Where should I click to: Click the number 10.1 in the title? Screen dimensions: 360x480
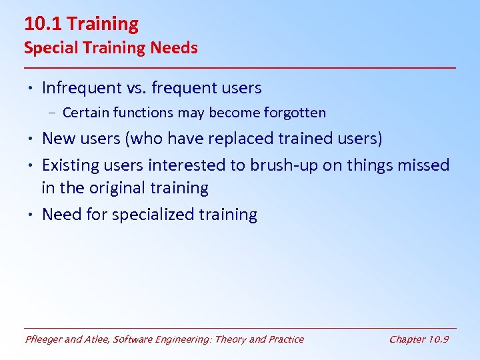[43, 25]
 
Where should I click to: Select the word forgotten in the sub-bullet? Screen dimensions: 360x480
[293, 113]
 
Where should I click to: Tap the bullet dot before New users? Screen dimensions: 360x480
[31, 139]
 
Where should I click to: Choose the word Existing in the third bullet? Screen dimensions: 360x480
[70, 165]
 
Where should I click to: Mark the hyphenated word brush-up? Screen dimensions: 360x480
[284, 165]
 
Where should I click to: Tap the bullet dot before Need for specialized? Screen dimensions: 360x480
[31, 215]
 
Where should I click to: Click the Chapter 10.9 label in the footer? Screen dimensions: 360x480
[419, 339]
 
